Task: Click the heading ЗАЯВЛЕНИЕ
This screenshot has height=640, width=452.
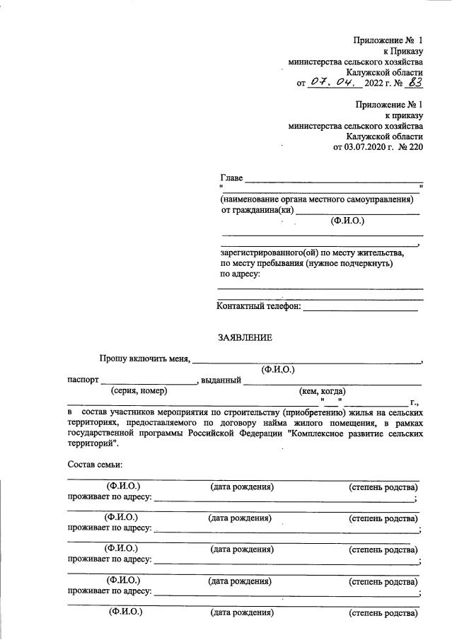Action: tap(245, 338)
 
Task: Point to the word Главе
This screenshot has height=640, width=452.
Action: tap(231, 177)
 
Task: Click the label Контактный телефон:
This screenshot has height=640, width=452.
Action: tap(258, 306)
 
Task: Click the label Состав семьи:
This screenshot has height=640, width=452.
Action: tap(95, 465)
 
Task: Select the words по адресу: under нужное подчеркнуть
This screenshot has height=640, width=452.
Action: tap(241, 274)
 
